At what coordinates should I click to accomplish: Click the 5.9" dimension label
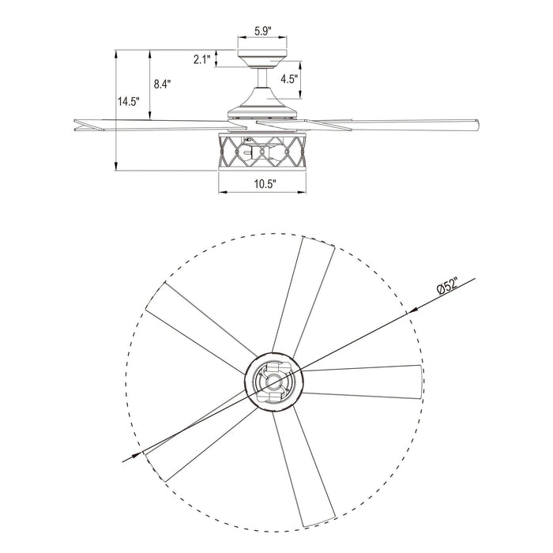[x=263, y=32]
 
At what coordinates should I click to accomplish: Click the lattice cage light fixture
[x=263, y=152]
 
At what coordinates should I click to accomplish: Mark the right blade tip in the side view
[x=477, y=124]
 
